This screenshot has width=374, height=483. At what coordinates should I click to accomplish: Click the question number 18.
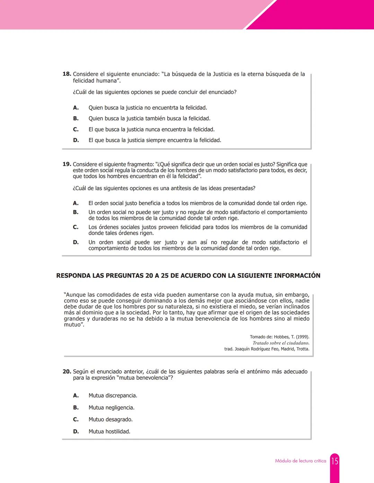click(x=66, y=74)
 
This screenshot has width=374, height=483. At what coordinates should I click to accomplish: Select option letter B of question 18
click(x=76, y=119)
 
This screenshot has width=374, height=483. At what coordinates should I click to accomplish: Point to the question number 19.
click(x=66, y=164)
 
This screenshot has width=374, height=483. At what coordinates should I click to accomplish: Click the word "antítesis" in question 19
click(x=181, y=188)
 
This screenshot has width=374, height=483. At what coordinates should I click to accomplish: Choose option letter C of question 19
click(x=75, y=227)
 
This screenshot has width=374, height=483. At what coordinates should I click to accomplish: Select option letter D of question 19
click(x=76, y=242)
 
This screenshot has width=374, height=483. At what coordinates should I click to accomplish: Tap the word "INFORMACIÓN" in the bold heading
click(x=297, y=276)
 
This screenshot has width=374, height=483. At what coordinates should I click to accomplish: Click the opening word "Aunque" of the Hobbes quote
click(x=75, y=295)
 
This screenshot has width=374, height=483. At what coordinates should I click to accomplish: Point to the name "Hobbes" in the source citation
click(x=282, y=337)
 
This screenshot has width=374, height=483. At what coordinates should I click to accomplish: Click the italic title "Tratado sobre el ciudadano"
click(x=281, y=343)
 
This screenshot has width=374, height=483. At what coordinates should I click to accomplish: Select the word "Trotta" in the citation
click(x=303, y=349)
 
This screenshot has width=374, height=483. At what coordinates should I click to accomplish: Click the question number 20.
click(x=66, y=372)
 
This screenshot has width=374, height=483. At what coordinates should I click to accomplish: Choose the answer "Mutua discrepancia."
click(x=113, y=396)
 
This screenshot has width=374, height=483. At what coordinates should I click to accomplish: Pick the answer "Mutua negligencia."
click(x=111, y=408)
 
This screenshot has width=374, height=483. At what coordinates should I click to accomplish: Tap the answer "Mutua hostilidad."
click(x=109, y=431)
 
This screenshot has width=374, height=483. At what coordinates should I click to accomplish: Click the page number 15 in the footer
click(x=335, y=461)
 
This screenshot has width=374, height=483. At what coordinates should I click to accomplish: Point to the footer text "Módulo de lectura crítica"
click(x=300, y=461)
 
